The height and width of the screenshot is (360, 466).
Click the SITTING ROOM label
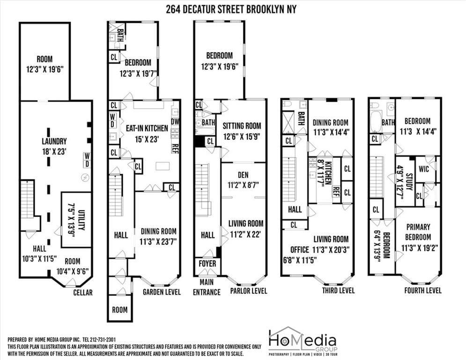coord(241,126)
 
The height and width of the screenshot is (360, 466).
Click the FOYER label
coord(207,264)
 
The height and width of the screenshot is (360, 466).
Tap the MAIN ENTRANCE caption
coord(207,287)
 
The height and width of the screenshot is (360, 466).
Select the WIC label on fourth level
coord(423,169)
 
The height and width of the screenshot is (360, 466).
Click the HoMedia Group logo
coord(302,341)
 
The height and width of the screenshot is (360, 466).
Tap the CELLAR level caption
coord(82,292)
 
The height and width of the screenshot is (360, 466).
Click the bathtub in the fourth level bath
coord(376,122)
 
